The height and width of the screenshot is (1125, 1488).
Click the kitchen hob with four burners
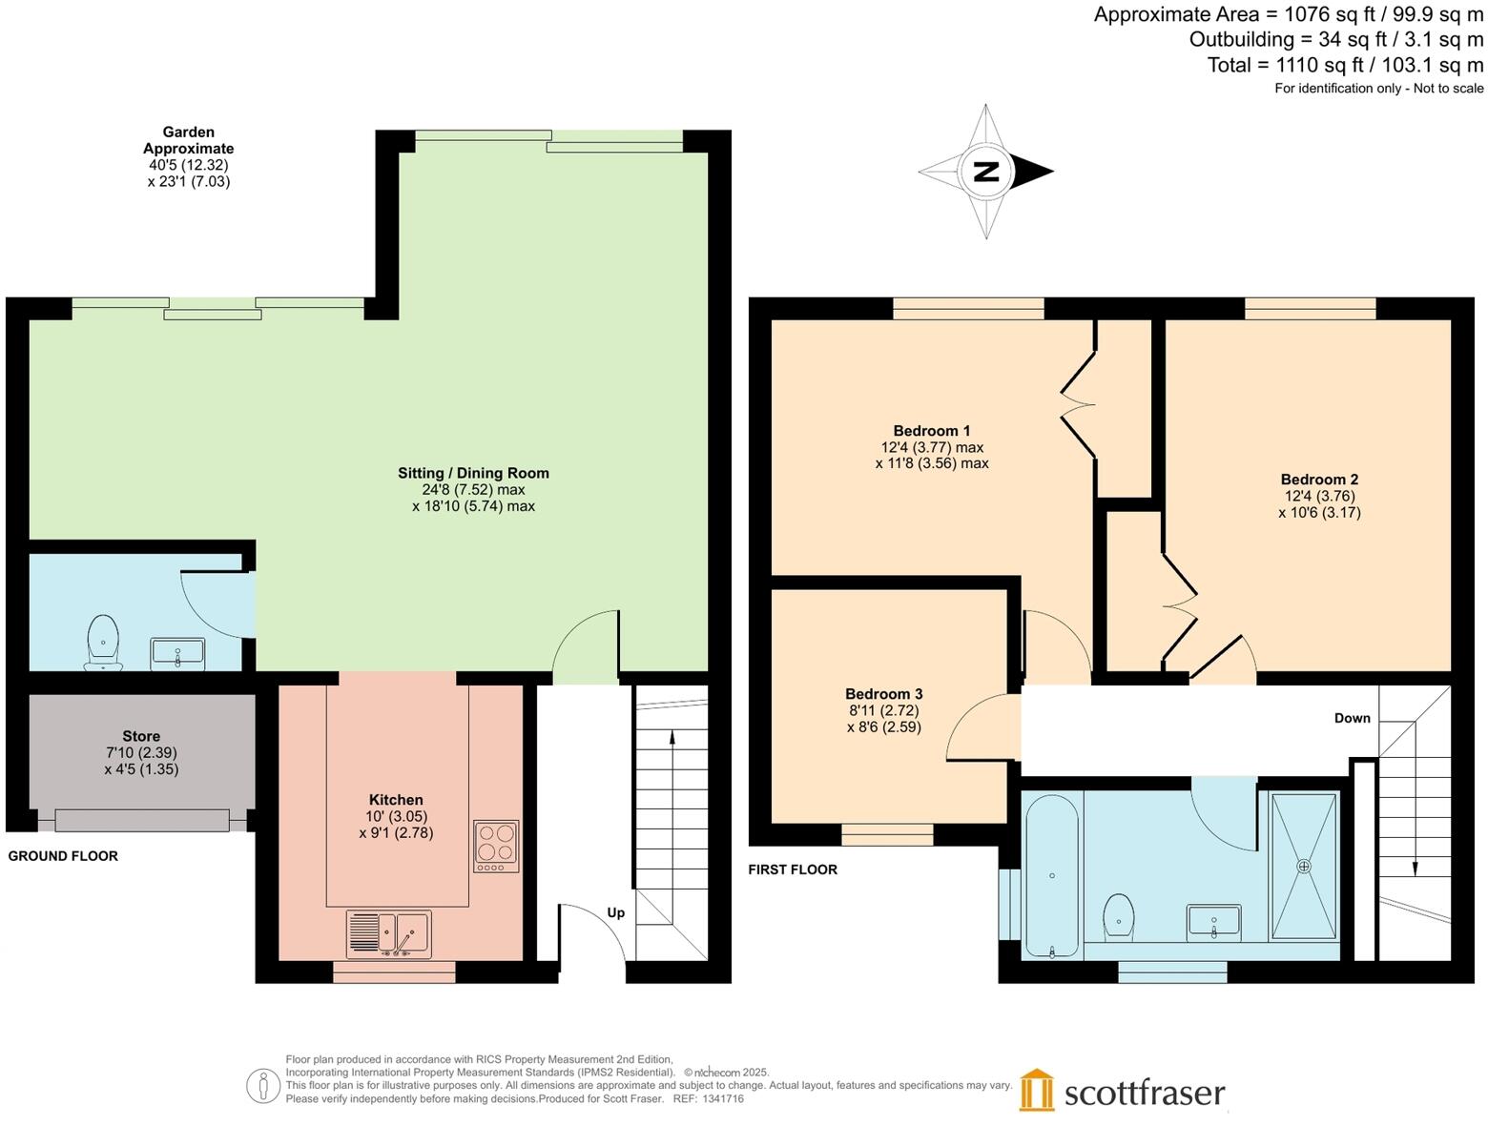[496, 846]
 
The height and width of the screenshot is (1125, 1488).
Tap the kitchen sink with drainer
[389, 933]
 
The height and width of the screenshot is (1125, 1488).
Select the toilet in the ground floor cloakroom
[103, 641]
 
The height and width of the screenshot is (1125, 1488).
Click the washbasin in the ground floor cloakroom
[177, 653]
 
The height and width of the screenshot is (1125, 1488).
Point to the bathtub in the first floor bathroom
[1051, 875]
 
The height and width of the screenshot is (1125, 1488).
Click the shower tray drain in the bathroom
[1303, 867]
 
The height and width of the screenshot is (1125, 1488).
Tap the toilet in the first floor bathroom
[1118, 916]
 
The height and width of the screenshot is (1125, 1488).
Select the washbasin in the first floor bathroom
[1213, 922]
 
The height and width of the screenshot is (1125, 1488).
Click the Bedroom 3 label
[883, 694]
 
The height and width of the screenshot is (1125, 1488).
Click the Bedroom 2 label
[1319, 480]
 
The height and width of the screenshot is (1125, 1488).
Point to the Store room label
[141, 736]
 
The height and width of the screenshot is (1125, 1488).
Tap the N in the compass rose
[985, 172]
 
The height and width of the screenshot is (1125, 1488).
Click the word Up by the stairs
[616, 912]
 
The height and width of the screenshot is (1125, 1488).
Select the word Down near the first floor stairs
[1352, 718]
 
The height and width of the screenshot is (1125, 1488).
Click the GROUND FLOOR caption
[63, 856]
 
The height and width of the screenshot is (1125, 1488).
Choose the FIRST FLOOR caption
[793, 869]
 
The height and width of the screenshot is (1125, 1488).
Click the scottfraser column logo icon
[1037, 1091]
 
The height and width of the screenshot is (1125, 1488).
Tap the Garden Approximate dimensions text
[188, 156]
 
